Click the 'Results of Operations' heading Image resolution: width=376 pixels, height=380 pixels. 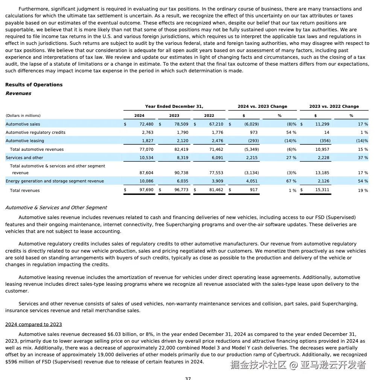(x=34, y=85)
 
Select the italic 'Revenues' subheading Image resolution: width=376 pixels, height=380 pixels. (x=18, y=93)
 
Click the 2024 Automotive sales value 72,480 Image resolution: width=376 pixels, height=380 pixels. (x=146, y=124)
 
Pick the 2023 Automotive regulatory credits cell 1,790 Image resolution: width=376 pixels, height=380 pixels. (x=183, y=132)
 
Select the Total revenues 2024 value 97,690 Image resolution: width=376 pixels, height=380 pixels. (x=146, y=190)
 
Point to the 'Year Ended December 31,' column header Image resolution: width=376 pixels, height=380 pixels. (x=174, y=107)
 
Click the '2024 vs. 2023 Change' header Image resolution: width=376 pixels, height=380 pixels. (x=262, y=107)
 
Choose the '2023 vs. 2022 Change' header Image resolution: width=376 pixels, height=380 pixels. (x=334, y=107)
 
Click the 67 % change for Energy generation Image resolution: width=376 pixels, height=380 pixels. (x=291, y=181)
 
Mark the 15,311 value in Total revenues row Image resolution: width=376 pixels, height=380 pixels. (x=322, y=190)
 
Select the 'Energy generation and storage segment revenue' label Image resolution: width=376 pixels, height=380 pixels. (x=55, y=181)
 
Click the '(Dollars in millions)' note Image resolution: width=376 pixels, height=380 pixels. (x=23, y=116)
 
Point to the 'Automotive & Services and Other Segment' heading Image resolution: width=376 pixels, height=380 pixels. (x=56, y=208)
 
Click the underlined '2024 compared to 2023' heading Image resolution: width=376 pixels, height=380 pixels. (x=33, y=325)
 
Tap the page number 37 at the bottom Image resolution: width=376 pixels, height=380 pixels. (x=188, y=378)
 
